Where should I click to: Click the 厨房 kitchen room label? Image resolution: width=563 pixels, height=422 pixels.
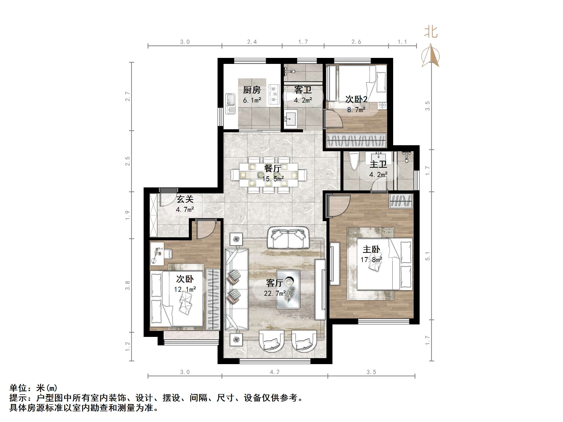coord(252,90)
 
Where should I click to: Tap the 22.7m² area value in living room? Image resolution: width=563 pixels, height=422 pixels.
coord(275,293)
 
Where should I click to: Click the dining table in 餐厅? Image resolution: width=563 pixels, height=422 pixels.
coord(269,175)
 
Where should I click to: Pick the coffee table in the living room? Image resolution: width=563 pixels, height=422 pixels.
coord(288,289)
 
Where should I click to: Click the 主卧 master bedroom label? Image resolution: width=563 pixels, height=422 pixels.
coord(371,249)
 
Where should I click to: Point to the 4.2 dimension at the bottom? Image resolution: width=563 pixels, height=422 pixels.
coord(275,372)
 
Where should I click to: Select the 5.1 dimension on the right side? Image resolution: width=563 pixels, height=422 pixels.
coord(428,256)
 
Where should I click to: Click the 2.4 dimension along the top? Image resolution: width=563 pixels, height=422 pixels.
coord(252,42)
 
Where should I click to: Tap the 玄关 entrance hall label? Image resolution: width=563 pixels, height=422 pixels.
coord(185,199)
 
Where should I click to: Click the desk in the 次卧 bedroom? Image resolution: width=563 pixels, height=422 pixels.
coord(157,253)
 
